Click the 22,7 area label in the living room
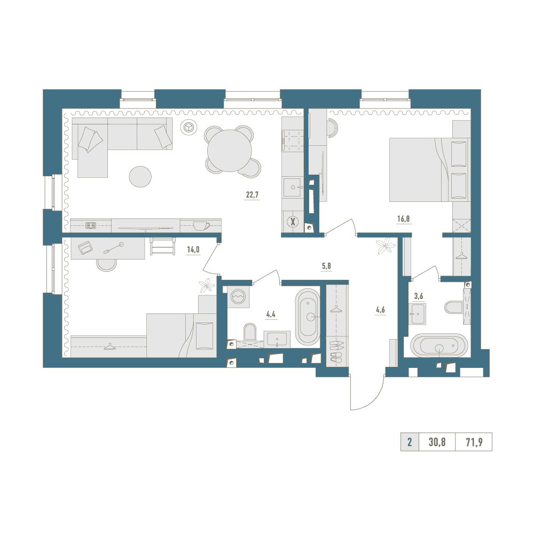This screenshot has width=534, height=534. coord(252,195)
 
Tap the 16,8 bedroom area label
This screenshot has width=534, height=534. coord(404,218)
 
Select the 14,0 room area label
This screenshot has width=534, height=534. coord(193,249)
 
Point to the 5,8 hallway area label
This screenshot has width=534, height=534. coord(326,266)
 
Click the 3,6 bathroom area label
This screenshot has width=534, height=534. coord(418,296)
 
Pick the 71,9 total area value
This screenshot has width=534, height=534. coord(474,442)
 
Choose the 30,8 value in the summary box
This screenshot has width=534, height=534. coord(437,442)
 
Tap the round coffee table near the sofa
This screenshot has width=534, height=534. coord(140,176)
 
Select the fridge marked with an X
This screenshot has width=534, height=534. coord(292,222)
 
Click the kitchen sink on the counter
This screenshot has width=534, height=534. coord(292,187)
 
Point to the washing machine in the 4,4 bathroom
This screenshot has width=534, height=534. coord(238,297)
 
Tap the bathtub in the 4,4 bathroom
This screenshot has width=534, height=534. coord(308,317)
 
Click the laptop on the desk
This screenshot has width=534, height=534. coord(85,247)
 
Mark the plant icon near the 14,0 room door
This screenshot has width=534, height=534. coord(206,285)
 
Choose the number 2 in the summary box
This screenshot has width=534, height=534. coord(410,442)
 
